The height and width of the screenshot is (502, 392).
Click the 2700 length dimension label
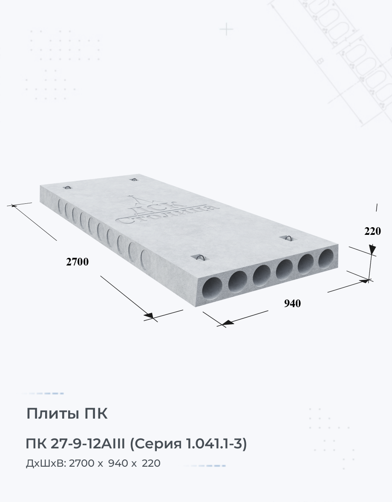point(77,262)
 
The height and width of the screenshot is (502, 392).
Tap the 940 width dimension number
point(292,303)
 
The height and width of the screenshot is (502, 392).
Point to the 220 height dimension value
point(372,231)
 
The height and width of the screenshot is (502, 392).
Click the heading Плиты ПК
point(66,414)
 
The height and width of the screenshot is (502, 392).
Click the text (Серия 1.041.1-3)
point(188,444)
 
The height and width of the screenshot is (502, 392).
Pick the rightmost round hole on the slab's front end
point(326,258)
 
